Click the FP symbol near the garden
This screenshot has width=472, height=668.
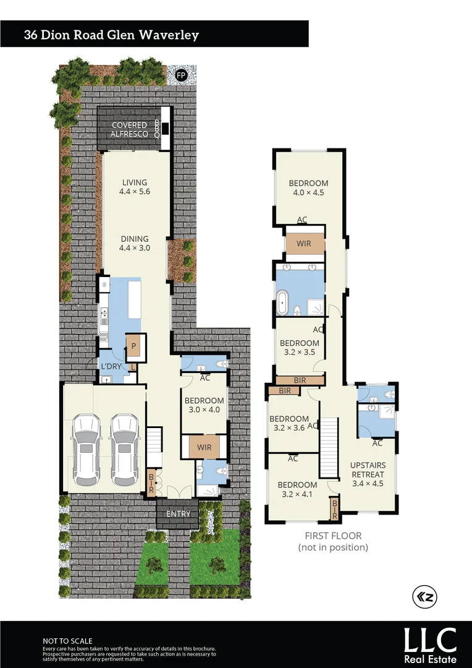pyautogui.click(x=181, y=75)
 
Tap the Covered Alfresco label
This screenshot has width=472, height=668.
pyautogui.click(x=130, y=129)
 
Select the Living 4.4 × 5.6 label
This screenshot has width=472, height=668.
pyautogui.click(x=135, y=187)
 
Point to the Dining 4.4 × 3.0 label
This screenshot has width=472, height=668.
pyautogui.click(x=135, y=243)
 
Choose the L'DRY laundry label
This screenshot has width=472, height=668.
pyautogui.click(x=111, y=367)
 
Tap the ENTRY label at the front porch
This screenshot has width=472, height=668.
pyautogui.click(x=179, y=514)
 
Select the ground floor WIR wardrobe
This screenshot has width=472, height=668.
pyautogui.click(x=204, y=447)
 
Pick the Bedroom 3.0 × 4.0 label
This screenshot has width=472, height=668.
pyautogui.click(x=204, y=405)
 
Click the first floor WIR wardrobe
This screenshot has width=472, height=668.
pyautogui.click(x=304, y=244)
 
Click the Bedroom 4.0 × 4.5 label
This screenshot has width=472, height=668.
pyautogui.click(x=308, y=187)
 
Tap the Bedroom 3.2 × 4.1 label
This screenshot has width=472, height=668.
pyautogui.click(x=297, y=489)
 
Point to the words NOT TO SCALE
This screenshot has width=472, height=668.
pyautogui.click(x=67, y=641)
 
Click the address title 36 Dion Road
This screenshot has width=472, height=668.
pyautogui.click(x=111, y=35)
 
